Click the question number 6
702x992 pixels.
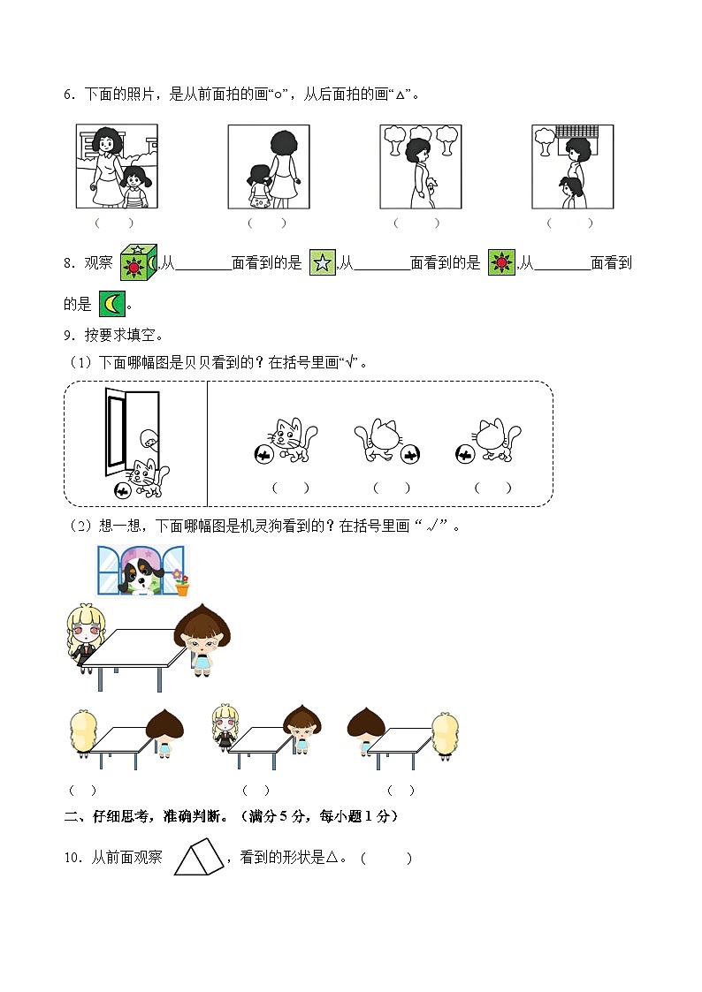coord(66,95)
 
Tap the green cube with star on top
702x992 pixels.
coord(138,262)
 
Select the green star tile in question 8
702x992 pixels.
coord(322,263)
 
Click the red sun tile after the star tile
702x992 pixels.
coord(501,263)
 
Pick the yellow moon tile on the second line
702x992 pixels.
coord(112,304)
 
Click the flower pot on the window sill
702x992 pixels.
coord(181,583)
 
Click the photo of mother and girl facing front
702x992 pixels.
coord(117,166)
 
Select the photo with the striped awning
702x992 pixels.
coord(572,166)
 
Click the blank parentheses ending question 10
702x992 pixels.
coord(385,858)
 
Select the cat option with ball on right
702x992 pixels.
coord(385,442)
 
